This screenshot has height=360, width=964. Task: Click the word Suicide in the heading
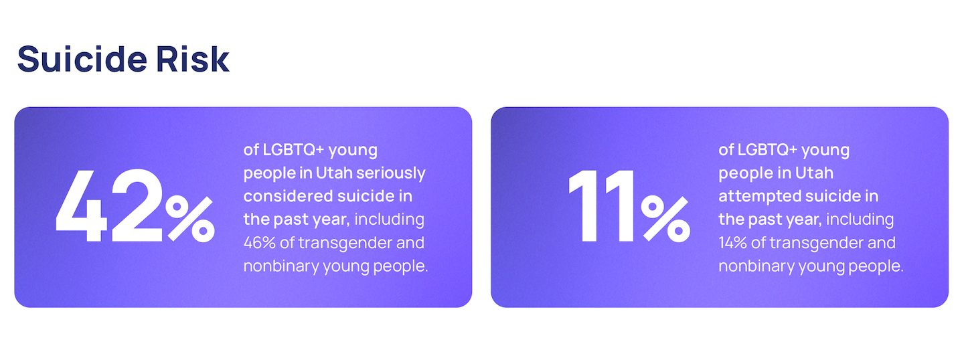82,59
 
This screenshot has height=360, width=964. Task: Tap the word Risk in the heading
193,59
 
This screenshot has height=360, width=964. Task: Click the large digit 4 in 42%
82,205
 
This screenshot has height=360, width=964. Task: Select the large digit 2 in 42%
137,205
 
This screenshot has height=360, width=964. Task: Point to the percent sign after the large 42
190,219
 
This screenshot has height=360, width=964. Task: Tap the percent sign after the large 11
665,219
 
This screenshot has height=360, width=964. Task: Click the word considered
288,196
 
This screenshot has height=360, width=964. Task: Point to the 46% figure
260,243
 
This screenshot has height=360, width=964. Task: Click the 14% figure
732,243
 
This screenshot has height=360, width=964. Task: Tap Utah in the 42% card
334,173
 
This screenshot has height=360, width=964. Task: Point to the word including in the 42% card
390,219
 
